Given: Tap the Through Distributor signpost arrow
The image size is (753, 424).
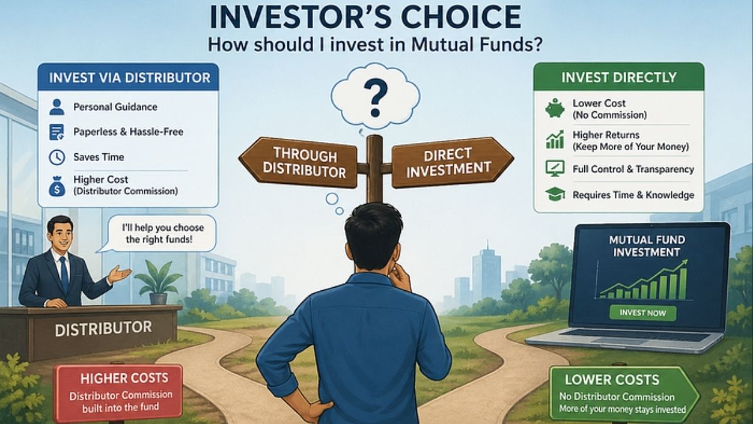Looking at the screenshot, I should (x=299, y=163).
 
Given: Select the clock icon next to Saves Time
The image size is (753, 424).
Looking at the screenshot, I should (x=56, y=157).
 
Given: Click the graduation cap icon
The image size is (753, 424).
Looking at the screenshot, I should (x=554, y=195).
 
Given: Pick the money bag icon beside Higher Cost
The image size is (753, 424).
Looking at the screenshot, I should (x=56, y=185).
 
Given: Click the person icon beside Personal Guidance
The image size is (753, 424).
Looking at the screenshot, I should (x=56, y=107).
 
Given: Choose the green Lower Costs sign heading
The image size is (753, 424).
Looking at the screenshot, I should (x=612, y=379).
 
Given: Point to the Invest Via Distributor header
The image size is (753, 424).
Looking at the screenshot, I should (x=128, y=78).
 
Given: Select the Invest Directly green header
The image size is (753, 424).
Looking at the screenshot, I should (x=619, y=78).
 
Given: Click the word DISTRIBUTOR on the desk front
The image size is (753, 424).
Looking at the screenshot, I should (x=103, y=328).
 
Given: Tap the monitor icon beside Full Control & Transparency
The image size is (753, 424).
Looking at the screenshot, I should (x=554, y=168).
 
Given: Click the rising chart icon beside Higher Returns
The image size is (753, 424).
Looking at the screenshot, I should (x=554, y=139).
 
